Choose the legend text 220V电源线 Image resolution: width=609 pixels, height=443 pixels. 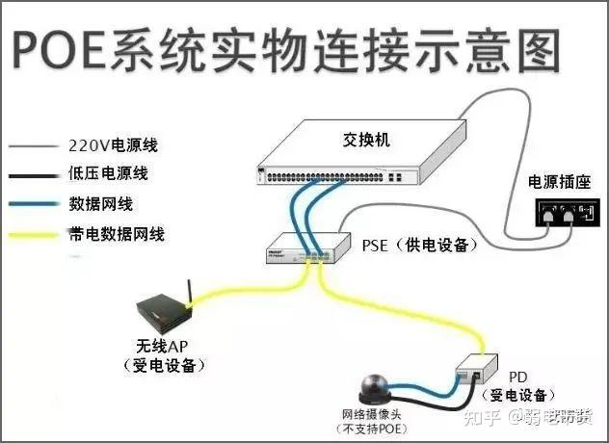(x=112, y=146)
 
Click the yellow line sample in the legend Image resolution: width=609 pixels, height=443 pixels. (x=33, y=234)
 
